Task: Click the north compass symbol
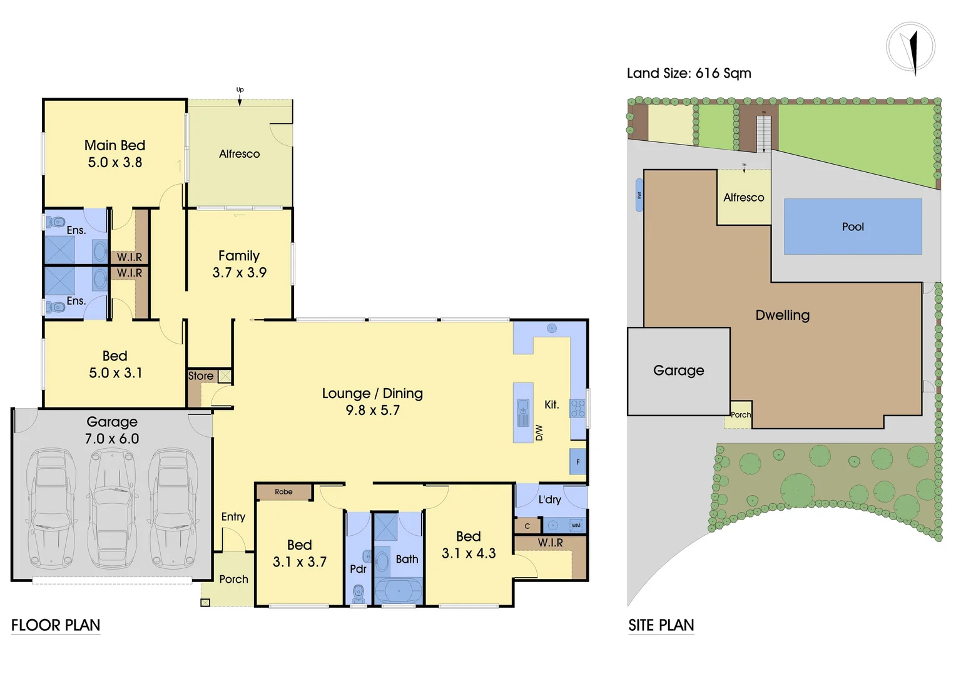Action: coord(911,47)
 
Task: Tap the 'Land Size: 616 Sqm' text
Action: coord(689,73)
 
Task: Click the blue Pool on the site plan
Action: coord(853,227)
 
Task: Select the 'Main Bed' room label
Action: coord(114,145)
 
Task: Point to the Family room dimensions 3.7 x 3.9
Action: coord(239,272)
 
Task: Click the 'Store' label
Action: coord(201,376)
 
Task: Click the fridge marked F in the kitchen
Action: coord(577,462)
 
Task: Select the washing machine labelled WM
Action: coord(576,525)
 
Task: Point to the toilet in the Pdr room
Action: coord(358,592)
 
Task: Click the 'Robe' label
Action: coord(283,492)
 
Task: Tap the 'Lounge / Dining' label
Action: coord(372,393)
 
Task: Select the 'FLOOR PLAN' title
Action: coord(56,625)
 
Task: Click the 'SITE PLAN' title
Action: coord(661,625)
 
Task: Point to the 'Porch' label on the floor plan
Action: coord(233,579)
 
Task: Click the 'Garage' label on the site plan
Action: coord(678,371)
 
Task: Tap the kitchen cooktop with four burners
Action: coord(577,409)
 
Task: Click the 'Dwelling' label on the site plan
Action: coord(782,315)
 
